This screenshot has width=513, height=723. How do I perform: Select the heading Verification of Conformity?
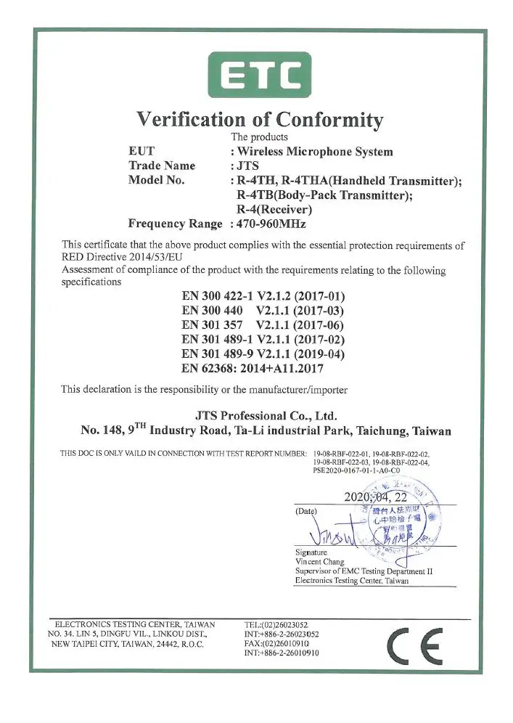point(260,119)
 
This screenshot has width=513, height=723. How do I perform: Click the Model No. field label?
point(157,180)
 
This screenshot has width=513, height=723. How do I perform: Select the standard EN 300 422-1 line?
point(263,296)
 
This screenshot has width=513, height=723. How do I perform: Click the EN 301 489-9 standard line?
point(263,354)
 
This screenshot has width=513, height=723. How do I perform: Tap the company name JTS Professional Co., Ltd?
point(266,415)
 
